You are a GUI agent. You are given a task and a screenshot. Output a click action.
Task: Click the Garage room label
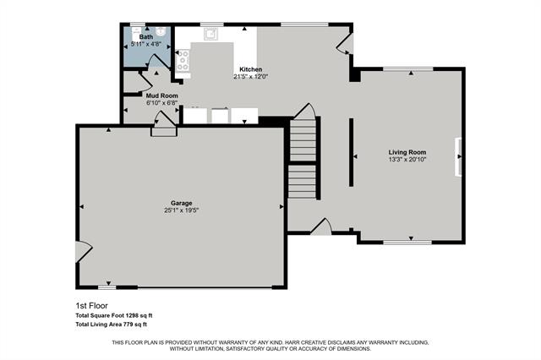point(182,203)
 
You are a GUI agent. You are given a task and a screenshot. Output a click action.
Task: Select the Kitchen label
point(251,69)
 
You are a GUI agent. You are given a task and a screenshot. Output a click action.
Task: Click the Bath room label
point(146,37)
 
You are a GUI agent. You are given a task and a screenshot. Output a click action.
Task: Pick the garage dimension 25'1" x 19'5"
point(182,210)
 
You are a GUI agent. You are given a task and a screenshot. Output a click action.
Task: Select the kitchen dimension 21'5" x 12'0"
point(251,77)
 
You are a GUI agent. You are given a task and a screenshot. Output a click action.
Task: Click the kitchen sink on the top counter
point(210,35)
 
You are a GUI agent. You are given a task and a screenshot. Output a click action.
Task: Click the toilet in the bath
point(135,34)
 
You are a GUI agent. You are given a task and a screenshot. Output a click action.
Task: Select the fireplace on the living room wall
point(460,157)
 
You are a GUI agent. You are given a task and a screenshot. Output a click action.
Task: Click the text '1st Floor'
point(91,306)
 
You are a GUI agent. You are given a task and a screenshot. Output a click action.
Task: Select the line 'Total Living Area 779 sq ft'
point(112,324)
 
